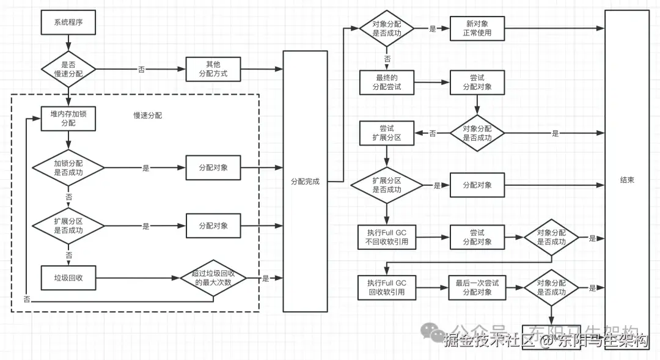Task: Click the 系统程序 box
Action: pos(68,23)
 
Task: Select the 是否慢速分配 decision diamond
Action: pos(68,68)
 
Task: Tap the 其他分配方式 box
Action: pos(213,68)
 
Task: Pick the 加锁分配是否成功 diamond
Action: pos(68,167)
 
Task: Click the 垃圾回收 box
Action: pos(68,278)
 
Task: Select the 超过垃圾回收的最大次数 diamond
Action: pos(213,278)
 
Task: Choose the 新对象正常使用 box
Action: pos(477,28)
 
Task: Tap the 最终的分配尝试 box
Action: pos(387,83)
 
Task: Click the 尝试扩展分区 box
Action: pos(387,133)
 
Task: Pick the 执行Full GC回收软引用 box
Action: pos(387,288)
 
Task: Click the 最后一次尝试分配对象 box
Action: pos(477,288)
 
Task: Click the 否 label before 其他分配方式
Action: pos(142,69)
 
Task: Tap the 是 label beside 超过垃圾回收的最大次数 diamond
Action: pos(265,279)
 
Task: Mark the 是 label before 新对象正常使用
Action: pos(433,29)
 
